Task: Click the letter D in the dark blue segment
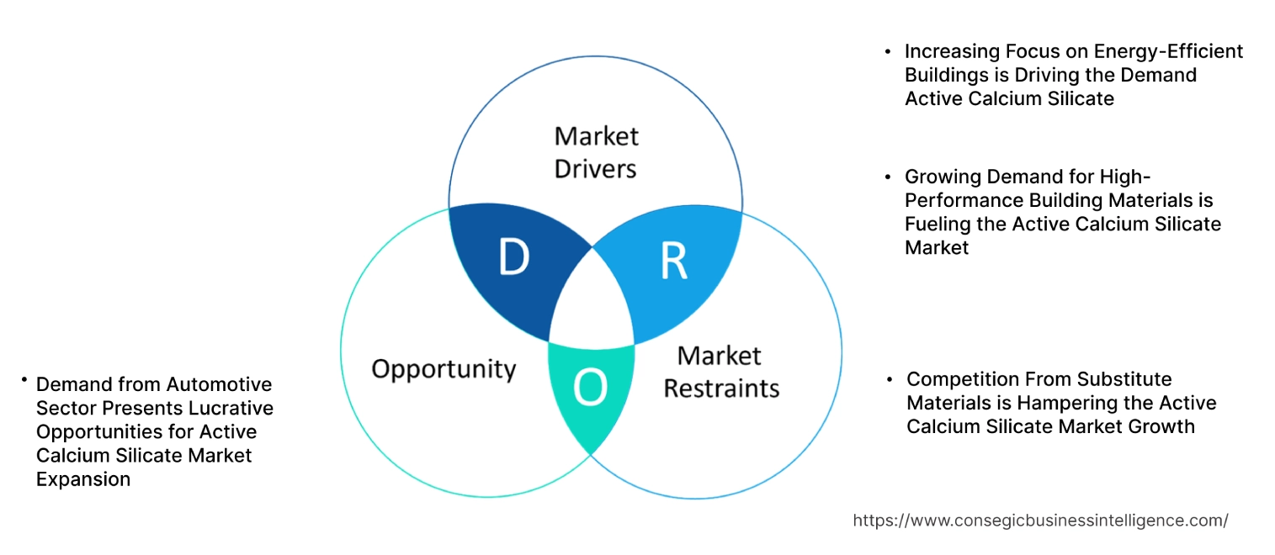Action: pos(513,258)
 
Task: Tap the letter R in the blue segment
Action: pos(673,262)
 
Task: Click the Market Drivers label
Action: pos(596,152)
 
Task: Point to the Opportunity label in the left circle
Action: pos(444,368)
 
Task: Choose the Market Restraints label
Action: pos(721,372)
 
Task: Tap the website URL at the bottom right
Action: pos(1040,521)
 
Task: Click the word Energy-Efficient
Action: pos(1175,51)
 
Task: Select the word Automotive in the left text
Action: pos(219,384)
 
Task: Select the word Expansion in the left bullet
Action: pos(83,478)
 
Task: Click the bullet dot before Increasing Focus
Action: pos(888,51)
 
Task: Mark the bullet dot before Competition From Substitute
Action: pos(890,379)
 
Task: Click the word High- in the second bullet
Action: pos(1124,177)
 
